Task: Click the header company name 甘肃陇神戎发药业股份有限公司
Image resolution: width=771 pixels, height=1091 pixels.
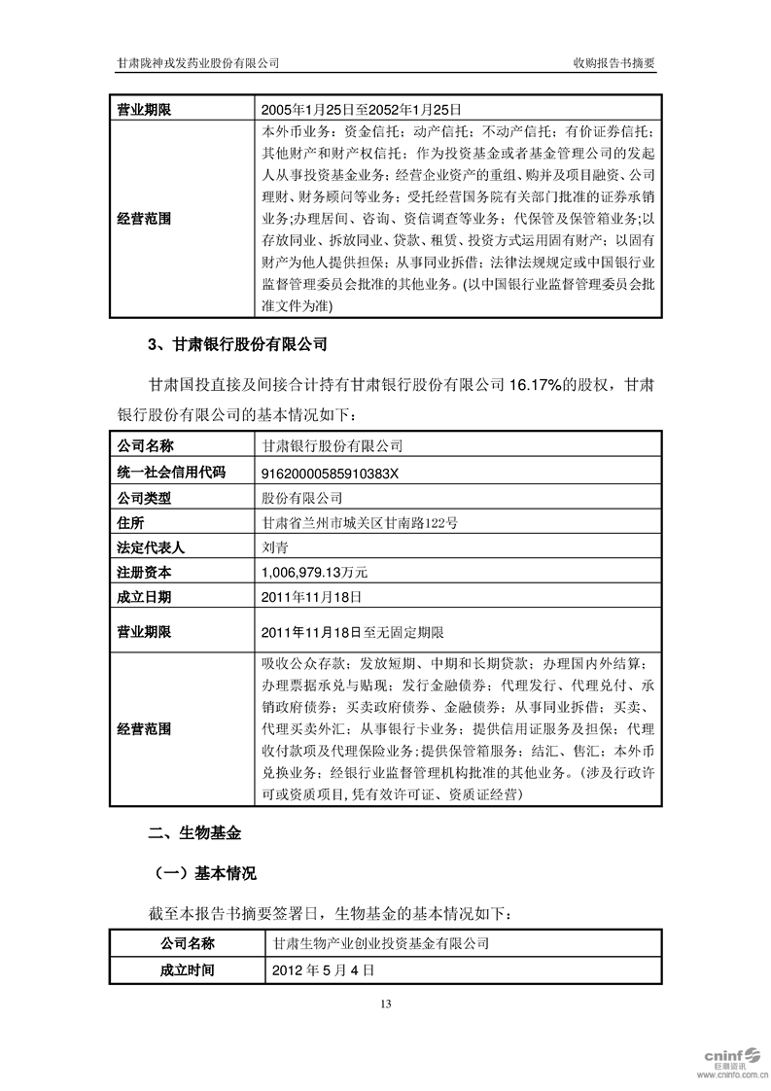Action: pyautogui.click(x=198, y=63)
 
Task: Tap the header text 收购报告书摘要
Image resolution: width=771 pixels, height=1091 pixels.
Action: pyautogui.click(x=615, y=63)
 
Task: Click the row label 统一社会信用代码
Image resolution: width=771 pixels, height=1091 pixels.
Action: pyautogui.click(x=171, y=472)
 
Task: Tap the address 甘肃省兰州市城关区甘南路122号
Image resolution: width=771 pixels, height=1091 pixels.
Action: pyautogui.click(x=360, y=522)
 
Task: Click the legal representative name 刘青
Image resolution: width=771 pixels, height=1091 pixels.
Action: pyautogui.click(x=275, y=547)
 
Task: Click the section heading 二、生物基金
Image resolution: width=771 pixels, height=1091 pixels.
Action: pyautogui.click(x=193, y=834)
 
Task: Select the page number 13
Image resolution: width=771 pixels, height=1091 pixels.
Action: pyautogui.click(x=385, y=1003)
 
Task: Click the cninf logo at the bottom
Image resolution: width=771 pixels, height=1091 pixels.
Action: pyautogui.click(x=728, y=1060)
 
